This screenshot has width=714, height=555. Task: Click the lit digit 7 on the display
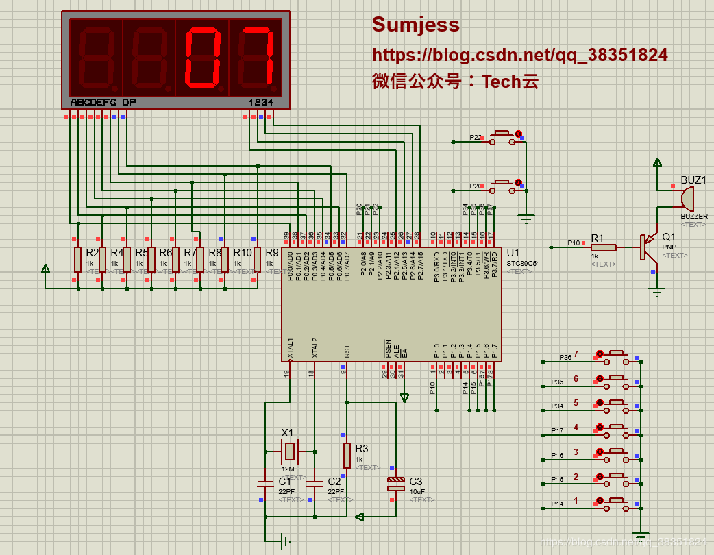(255, 58)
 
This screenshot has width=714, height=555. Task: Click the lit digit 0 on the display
(202, 58)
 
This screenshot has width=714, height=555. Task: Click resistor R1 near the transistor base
(603, 247)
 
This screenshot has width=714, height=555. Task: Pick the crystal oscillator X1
(290, 451)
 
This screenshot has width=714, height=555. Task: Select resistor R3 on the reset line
(347, 454)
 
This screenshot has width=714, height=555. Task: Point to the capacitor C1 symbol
(264, 484)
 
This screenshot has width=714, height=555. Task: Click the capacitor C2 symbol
(314, 484)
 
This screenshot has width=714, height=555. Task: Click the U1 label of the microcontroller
(513, 253)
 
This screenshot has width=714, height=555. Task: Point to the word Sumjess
(415, 25)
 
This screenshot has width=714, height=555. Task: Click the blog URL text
(519, 55)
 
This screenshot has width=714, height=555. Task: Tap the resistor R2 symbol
(77, 260)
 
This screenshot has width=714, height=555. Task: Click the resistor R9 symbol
(257, 260)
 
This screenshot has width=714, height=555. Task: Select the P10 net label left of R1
(574, 243)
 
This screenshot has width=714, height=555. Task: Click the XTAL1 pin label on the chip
(291, 349)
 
